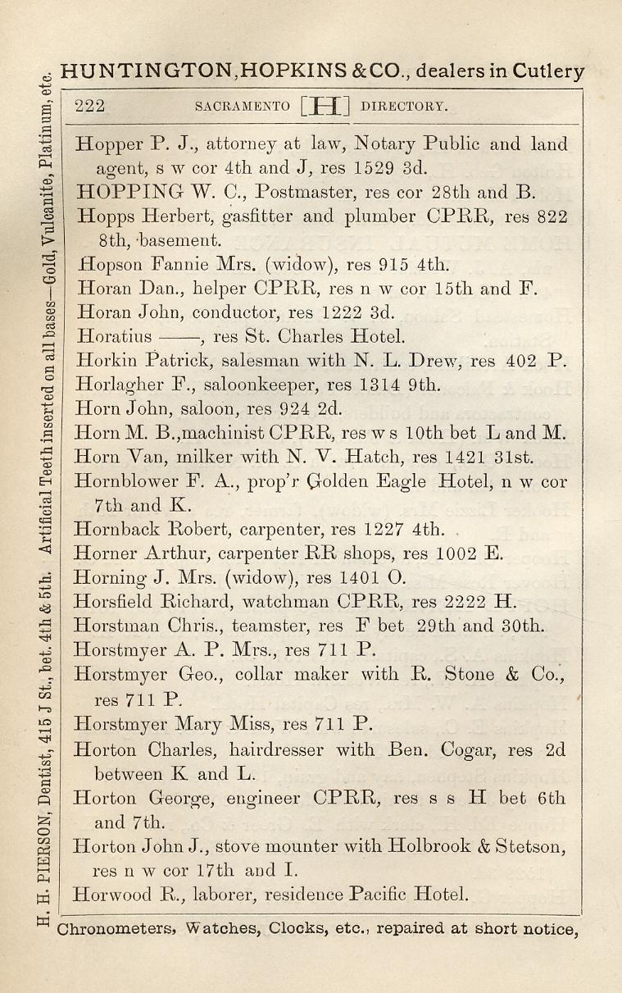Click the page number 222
click(89, 105)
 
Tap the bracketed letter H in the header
click(325, 105)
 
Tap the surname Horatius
click(113, 336)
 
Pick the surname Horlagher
click(120, 384)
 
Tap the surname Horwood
click(111, 895)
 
